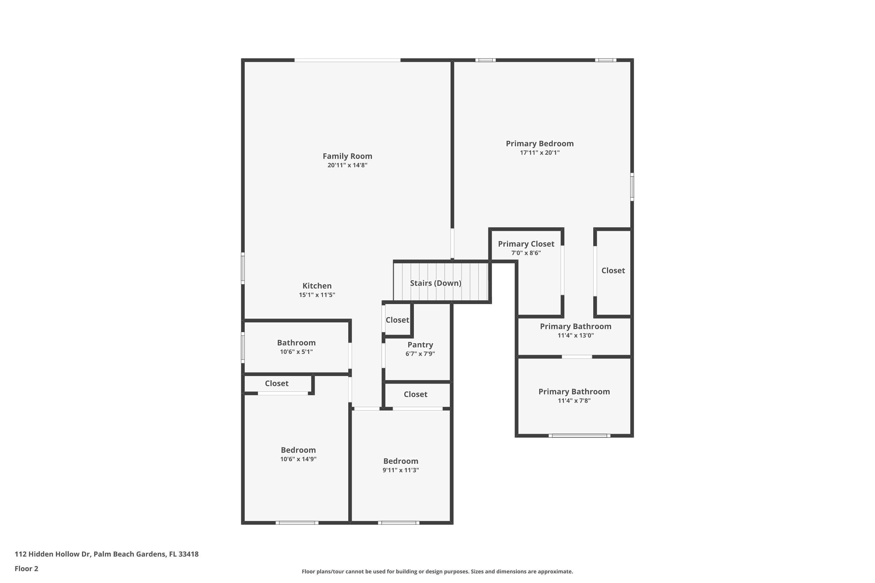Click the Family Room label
point(347,156)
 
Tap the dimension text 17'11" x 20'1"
point(539,153)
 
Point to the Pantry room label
point(420,345)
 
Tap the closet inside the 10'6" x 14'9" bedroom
point(276,383)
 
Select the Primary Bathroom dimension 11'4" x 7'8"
point(574,401)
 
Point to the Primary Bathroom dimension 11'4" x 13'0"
point(575,336)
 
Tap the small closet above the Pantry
point(397,320)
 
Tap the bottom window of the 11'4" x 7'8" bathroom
point(579,436)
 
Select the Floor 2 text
point(27,568)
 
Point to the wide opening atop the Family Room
point(347,60)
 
